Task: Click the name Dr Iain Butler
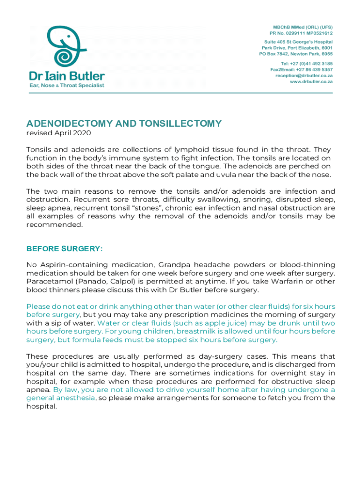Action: click(67, 76)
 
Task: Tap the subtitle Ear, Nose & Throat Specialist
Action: click(67, 85)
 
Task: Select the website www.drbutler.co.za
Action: click(311, 81)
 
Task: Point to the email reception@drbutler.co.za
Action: click(304, 75)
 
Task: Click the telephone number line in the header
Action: click(306, 63)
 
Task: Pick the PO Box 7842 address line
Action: click(296, 54)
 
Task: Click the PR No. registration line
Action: click(301, 33)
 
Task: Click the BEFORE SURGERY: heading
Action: click(65, 249)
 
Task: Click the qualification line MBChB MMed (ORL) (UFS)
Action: click(300, 27)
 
